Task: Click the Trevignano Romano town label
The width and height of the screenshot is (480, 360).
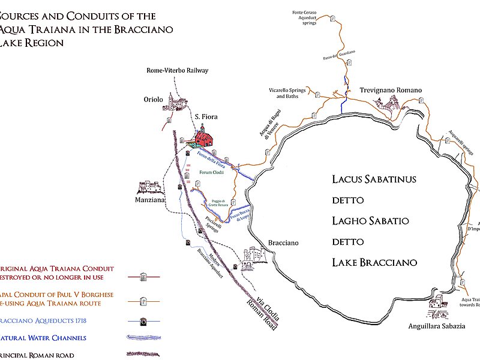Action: [x=391, y=90]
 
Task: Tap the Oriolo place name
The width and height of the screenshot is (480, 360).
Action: [x=153, y=100]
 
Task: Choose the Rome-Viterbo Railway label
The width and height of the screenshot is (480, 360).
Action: [x=178, y=70]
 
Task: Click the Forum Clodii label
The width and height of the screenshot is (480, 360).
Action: [x=211, y=171]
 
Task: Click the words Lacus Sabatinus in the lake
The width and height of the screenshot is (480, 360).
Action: [x=374, y=179]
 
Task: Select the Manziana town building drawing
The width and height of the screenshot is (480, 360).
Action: [x=150, y=187]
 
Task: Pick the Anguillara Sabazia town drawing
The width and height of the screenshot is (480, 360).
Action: [x=437, y=308]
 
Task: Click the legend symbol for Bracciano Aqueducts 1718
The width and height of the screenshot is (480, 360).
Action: [x=144, y=321]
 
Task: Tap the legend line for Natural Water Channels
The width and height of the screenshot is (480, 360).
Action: [x=144, y=338]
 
